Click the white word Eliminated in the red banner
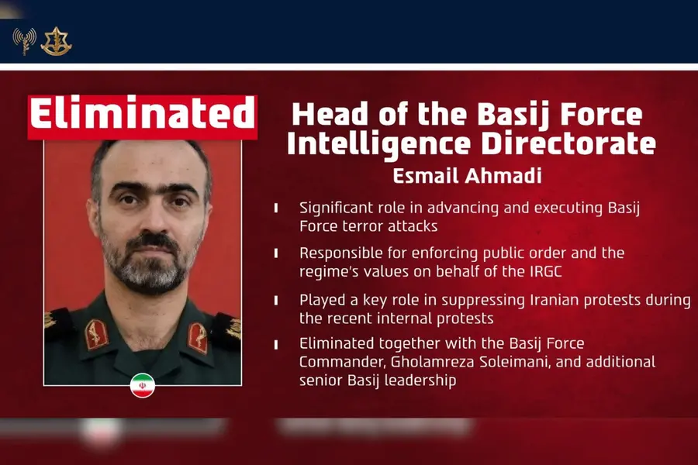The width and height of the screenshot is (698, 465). pyautogui.click(x=142, y=113)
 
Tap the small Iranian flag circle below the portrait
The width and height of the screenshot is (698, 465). pyautogui.click(x=143, y=385)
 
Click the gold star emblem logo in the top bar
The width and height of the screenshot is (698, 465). pyautogui.click(x=56, y=41)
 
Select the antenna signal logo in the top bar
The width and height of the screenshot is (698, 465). pyautogui.click(x=25, y=41)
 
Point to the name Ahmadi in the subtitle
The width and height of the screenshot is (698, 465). pyautogui.click(x=503, y=176)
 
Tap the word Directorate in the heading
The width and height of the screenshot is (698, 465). pyautogui.click(x=569, y=143)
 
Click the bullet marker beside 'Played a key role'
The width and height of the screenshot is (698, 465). pyautogui.click(x=276, y=301)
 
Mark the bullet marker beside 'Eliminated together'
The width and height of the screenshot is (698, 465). pyautogui.click(x=276, y=344)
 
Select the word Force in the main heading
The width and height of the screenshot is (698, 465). pyautogui.click(x=601, y=115)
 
